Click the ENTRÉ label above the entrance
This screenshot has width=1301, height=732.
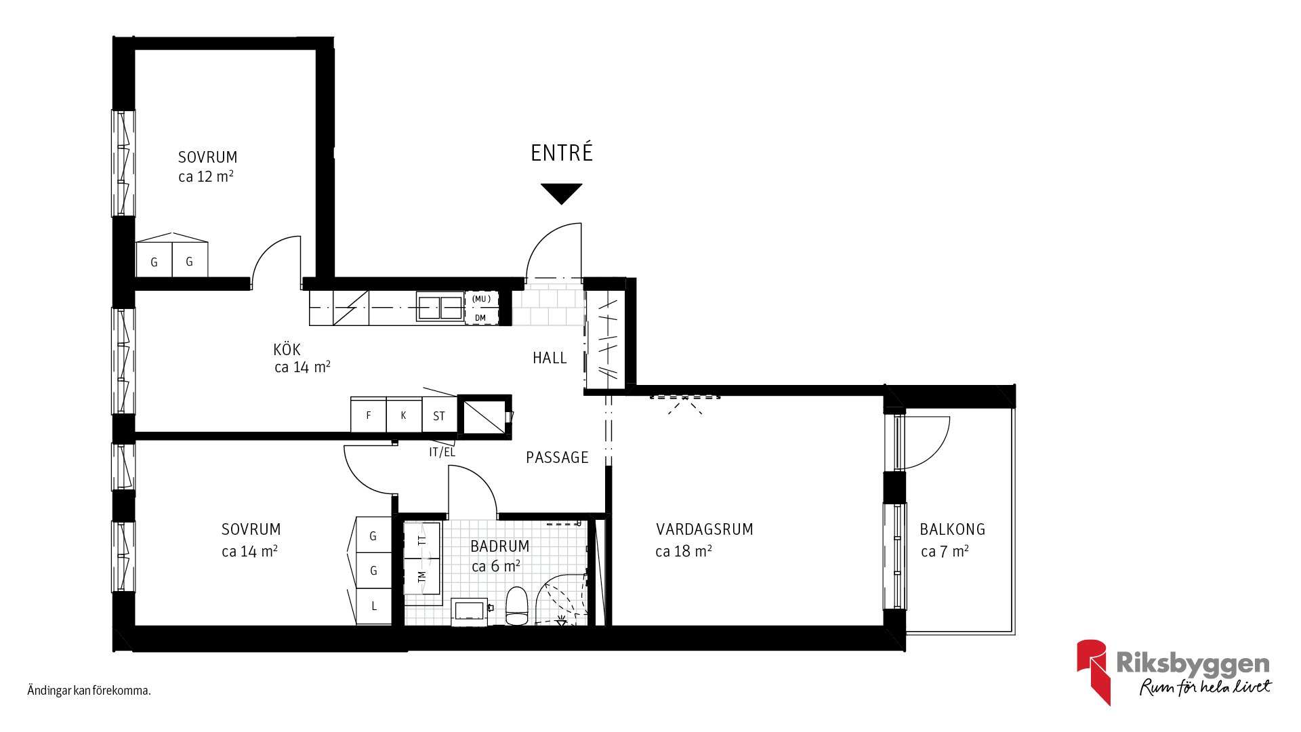562,152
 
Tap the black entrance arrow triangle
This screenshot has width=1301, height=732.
562,193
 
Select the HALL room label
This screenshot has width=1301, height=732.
550,358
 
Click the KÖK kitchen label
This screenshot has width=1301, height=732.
287,350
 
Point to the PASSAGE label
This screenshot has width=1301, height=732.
557,457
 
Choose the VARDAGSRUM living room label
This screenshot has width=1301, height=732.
705,529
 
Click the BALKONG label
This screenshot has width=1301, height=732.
953,529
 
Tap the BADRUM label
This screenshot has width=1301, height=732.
500,546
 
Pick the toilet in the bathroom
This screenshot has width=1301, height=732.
517,605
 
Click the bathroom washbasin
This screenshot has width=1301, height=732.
469,611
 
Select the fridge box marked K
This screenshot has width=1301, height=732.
404,415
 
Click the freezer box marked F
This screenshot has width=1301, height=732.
369,415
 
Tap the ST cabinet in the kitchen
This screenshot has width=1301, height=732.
439,415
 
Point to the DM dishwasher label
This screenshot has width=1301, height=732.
480,318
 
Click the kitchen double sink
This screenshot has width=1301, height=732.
440,308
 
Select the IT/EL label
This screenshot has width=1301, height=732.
442,452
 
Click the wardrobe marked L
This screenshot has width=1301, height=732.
374,607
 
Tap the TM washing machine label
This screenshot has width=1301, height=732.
422,577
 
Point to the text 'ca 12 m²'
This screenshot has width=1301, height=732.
206,176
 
